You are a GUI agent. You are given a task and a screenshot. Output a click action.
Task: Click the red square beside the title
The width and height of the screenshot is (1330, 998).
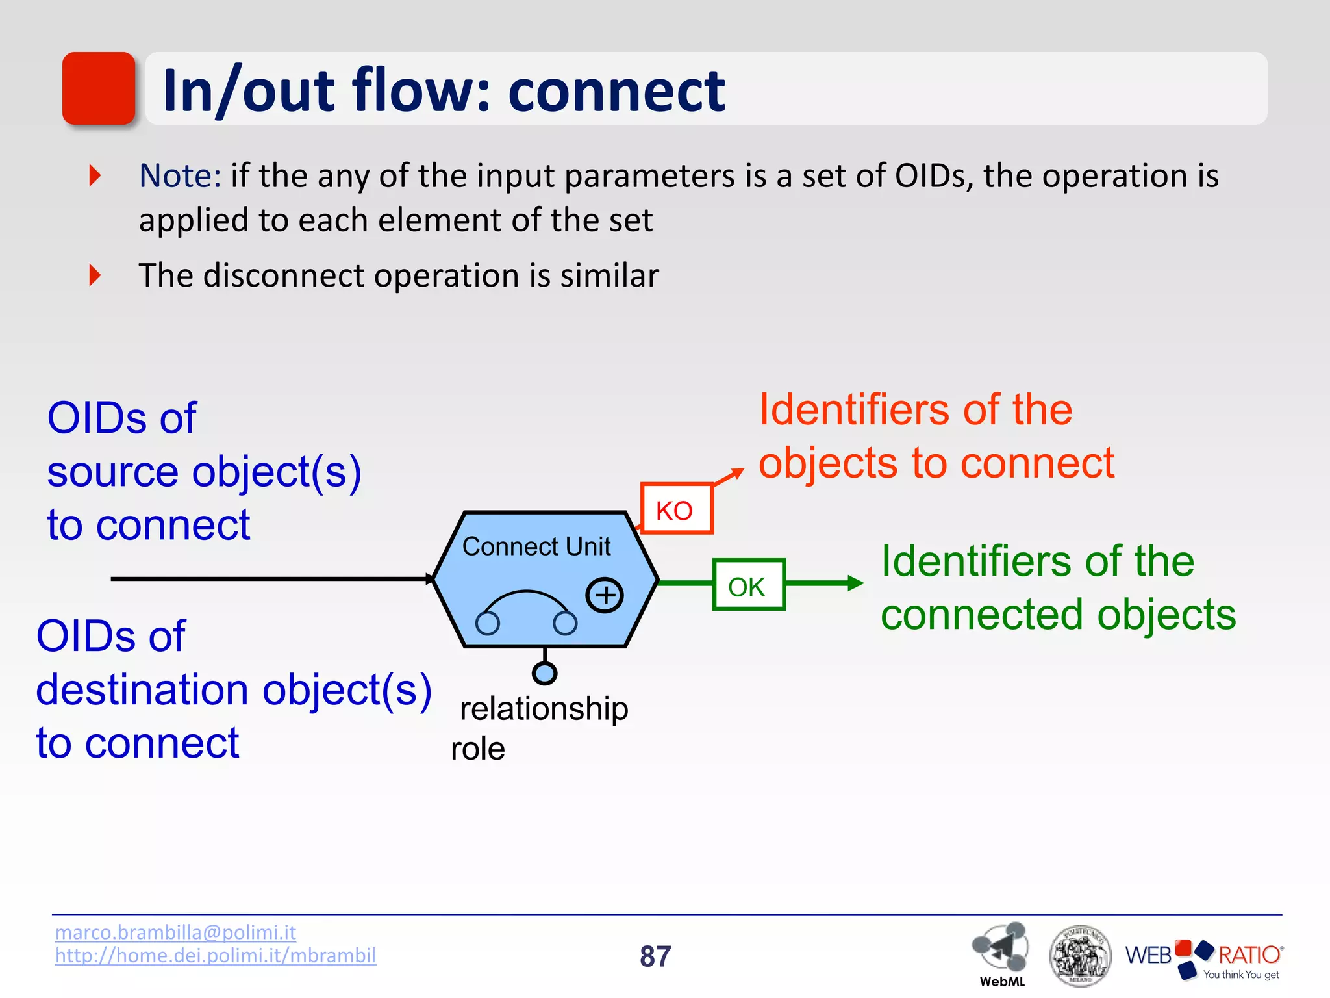(99, 88)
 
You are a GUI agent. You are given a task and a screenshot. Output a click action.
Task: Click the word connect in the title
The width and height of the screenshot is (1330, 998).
(616, 91)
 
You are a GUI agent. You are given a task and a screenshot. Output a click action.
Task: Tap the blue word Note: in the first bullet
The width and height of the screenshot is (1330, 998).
(180, 176)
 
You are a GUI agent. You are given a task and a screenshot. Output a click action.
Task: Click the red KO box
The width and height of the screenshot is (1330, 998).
(676, 509)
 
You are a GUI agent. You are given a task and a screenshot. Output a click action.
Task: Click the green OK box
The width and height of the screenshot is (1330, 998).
(748, 585)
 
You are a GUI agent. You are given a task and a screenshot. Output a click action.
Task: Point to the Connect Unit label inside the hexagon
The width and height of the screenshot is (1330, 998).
(536, 546)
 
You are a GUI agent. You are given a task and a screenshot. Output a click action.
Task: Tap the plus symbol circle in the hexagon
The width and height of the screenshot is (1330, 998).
(605, 595)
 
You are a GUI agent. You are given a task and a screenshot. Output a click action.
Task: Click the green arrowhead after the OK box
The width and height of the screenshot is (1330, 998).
(855, 583)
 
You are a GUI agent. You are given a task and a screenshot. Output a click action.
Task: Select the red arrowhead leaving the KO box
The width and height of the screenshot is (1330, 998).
(737, 472)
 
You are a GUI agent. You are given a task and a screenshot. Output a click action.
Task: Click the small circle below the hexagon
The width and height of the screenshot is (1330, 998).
(544, 673)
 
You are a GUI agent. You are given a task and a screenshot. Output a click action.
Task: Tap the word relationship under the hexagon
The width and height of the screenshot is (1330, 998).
(544, 708)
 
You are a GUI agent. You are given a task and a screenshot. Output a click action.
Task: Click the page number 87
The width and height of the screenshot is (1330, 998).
(655, 956)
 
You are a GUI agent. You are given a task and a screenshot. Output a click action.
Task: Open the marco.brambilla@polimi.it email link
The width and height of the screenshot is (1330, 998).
(175, 932)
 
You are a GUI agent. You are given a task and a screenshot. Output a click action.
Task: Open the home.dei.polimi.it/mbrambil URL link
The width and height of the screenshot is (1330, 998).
(215, 955)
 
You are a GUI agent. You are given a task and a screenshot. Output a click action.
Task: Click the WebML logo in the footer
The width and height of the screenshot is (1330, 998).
(1001, 953)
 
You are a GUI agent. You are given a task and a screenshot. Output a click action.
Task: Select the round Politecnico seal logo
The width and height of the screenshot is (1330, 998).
(1080, 955)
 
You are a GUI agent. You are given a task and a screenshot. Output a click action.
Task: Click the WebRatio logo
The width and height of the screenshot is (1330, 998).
(1203, 957)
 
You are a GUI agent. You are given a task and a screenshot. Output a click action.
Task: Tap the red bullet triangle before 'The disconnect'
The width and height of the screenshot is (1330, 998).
(95, 275)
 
